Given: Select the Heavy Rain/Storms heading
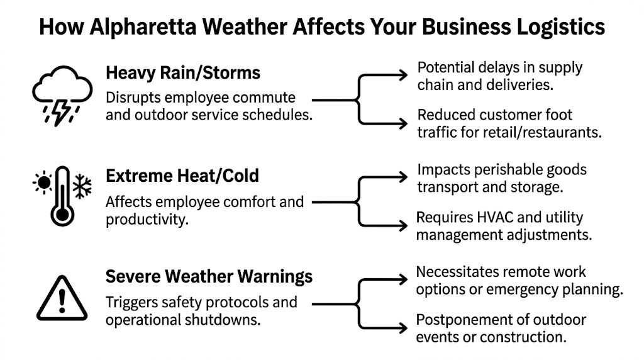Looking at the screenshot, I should point(183,72).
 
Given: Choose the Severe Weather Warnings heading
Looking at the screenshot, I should point(209,276).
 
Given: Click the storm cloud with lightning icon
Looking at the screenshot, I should point(61,95).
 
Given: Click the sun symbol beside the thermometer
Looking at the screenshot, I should point(43,183).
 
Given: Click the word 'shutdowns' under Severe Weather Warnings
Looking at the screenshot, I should point(228,319).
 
